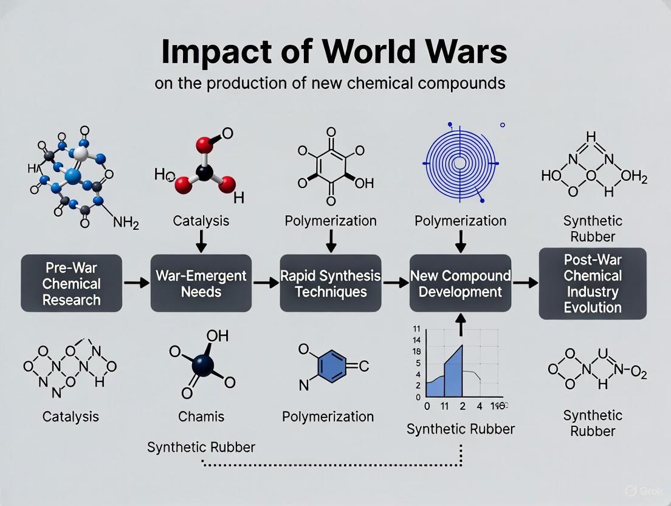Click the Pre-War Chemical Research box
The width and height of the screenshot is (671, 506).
tap(71, 283)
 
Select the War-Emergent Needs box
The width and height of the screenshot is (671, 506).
tap(201, 283)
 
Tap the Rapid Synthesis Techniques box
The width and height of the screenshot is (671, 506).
tap(330, 283)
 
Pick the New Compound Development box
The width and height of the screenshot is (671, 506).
tap(460, 283)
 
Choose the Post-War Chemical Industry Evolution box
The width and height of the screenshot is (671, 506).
tap(592, 283)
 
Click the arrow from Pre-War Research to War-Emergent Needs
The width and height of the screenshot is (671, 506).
tap(136, 283)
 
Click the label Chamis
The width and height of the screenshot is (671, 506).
tap(201, 417)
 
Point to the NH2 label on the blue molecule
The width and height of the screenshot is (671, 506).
tap(126, 224)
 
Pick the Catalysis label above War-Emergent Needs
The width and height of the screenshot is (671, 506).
tap(201, 220)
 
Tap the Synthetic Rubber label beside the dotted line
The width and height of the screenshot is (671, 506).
tap(201, 447)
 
